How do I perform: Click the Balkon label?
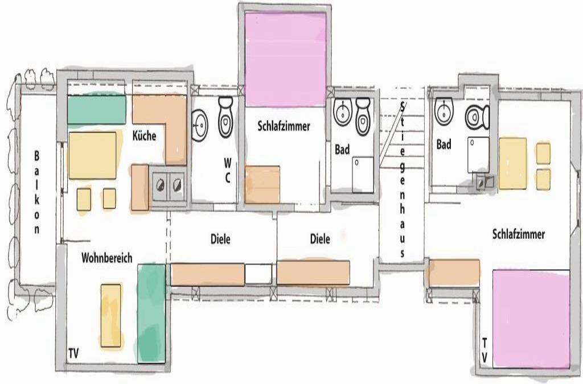tap(36, 192)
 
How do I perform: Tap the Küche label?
tap(144, 136)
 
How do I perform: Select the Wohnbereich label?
tap(106, 258)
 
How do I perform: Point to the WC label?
tap(228, 170)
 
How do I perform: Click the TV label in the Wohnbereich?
tap(73, 353)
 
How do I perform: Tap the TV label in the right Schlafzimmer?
tap(485, 350)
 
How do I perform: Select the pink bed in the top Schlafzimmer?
tap(286, 59)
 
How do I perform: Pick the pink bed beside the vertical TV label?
tap(531, 319)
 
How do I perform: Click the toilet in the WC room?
tap(225, 117)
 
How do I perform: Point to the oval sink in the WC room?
tap(200, 125)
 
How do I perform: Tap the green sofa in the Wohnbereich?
tap(151, 313)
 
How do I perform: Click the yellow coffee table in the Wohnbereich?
tap(111, 316)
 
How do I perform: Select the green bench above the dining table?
tap(96, 110)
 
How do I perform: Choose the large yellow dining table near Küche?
tap(93, 156)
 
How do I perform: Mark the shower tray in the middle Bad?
tap(363, 175)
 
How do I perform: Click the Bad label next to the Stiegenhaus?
tap(342, 149)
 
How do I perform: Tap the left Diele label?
tap(220, 239)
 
